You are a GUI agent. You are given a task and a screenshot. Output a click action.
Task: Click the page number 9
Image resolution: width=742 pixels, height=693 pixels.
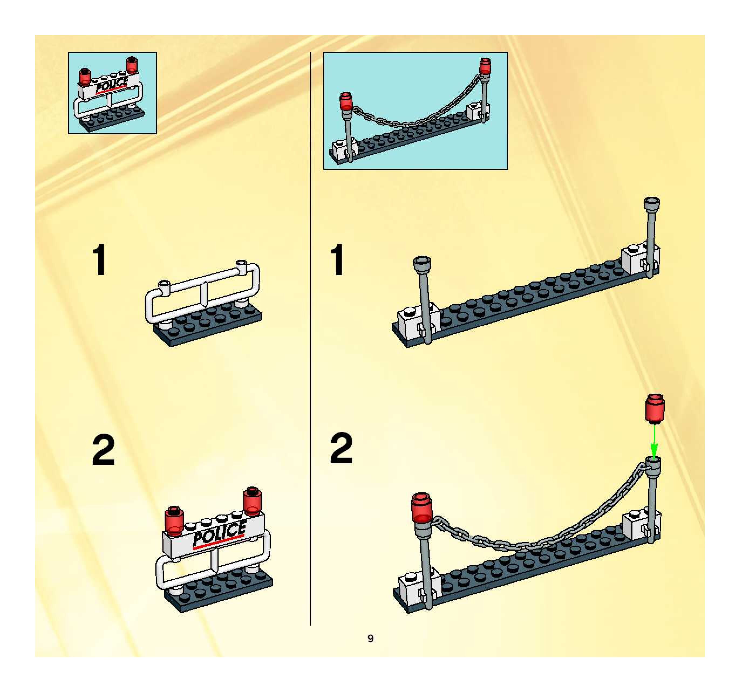[370, 638]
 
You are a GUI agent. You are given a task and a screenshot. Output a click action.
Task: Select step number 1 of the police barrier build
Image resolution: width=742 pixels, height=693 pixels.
[100, 260]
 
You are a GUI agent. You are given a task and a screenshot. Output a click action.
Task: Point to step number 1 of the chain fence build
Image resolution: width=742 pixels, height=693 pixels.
[338, 260]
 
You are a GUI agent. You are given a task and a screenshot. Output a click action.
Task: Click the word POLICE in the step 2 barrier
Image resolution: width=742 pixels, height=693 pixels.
[219, 534]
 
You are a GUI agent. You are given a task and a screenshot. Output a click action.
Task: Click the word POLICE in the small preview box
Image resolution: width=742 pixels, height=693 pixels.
[112, 85]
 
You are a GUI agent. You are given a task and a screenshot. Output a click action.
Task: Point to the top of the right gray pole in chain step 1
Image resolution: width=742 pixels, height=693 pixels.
[652, 204]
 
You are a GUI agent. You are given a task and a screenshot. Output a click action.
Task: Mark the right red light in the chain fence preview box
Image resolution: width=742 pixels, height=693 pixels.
[485, 66]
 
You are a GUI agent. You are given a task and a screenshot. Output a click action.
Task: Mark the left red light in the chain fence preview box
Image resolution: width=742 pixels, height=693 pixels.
[346, 101]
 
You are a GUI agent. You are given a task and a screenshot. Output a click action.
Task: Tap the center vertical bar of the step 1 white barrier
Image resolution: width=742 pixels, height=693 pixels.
[203, 293]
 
